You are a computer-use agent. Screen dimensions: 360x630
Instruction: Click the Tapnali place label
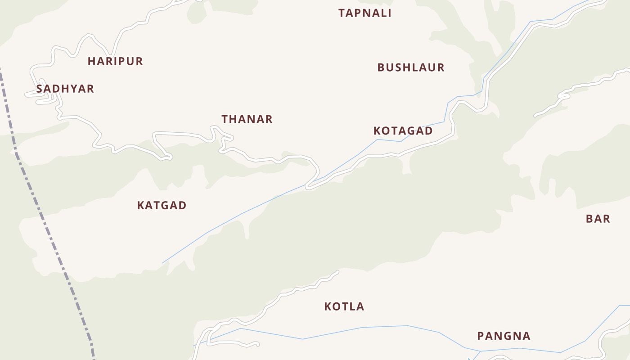coord(365,13)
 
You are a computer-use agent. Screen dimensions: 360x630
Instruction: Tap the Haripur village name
coord(115,61)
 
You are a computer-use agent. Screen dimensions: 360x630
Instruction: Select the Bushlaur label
coord(411,67)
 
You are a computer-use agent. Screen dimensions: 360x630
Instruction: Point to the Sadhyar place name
coord(65,89)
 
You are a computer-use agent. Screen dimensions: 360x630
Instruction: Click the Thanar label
coord(247,119)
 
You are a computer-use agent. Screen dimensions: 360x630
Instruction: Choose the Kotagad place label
coord(403,131)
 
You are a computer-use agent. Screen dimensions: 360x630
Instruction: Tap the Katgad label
coord(162,206)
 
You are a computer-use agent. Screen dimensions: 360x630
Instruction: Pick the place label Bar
coord(598,219)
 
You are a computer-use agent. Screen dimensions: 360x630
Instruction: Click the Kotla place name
coord(344,307)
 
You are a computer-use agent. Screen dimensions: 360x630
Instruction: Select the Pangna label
coord(504,336)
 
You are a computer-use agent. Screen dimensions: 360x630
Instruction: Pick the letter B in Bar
coord(589,219)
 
